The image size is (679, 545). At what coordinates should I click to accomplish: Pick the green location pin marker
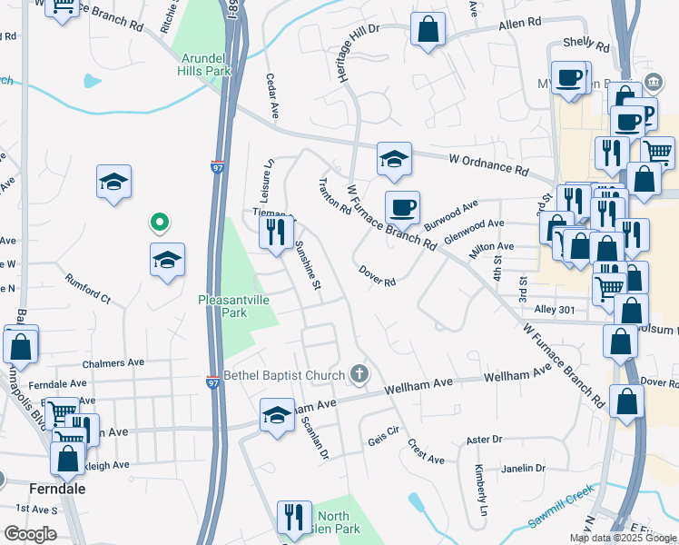[159, 222]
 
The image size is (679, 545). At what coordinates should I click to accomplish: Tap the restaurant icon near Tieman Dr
[277, 233]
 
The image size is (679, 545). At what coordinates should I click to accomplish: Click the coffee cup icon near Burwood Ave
[402, 208]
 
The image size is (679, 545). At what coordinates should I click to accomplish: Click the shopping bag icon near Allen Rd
[428, 29]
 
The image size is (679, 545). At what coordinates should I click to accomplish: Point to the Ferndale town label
[57, 488]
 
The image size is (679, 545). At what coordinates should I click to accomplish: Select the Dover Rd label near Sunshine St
[378, 276]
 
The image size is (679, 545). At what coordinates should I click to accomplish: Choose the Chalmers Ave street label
[113, 362]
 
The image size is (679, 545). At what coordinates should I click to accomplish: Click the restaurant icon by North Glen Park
[293, 519]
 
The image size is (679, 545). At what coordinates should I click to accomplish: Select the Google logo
[30, 534]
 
